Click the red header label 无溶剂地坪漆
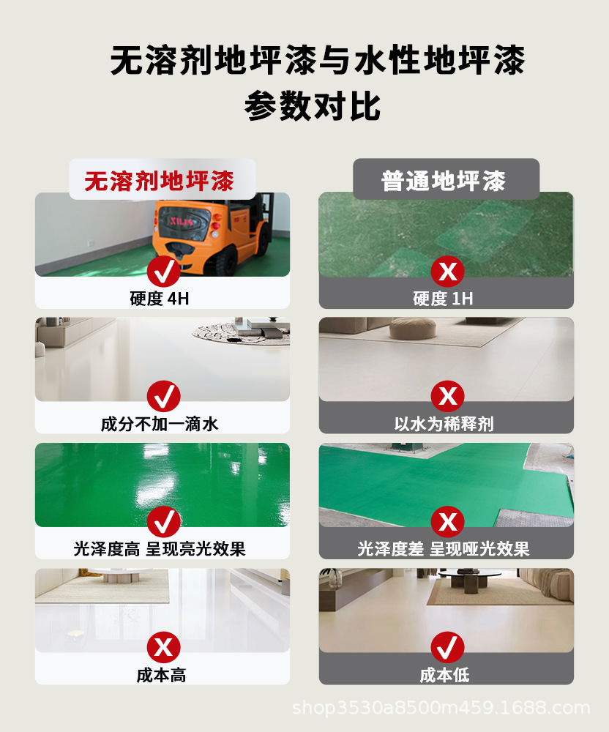pos(159,181)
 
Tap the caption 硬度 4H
pos(162,299)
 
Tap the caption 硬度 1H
pos(446,299)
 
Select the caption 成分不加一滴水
pos(162,424)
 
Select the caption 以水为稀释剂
pos(446,424)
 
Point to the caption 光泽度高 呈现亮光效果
pos(162,549)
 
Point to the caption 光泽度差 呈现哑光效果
pos(446,549)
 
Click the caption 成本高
pos(162,675)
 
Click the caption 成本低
pos(446,675)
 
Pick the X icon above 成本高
pos(163,647)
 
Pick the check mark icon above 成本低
pos(447,647)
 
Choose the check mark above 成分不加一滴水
pos(163,397)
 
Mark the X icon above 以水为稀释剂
pos(447,397)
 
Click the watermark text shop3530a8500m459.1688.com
pos(441,709)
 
